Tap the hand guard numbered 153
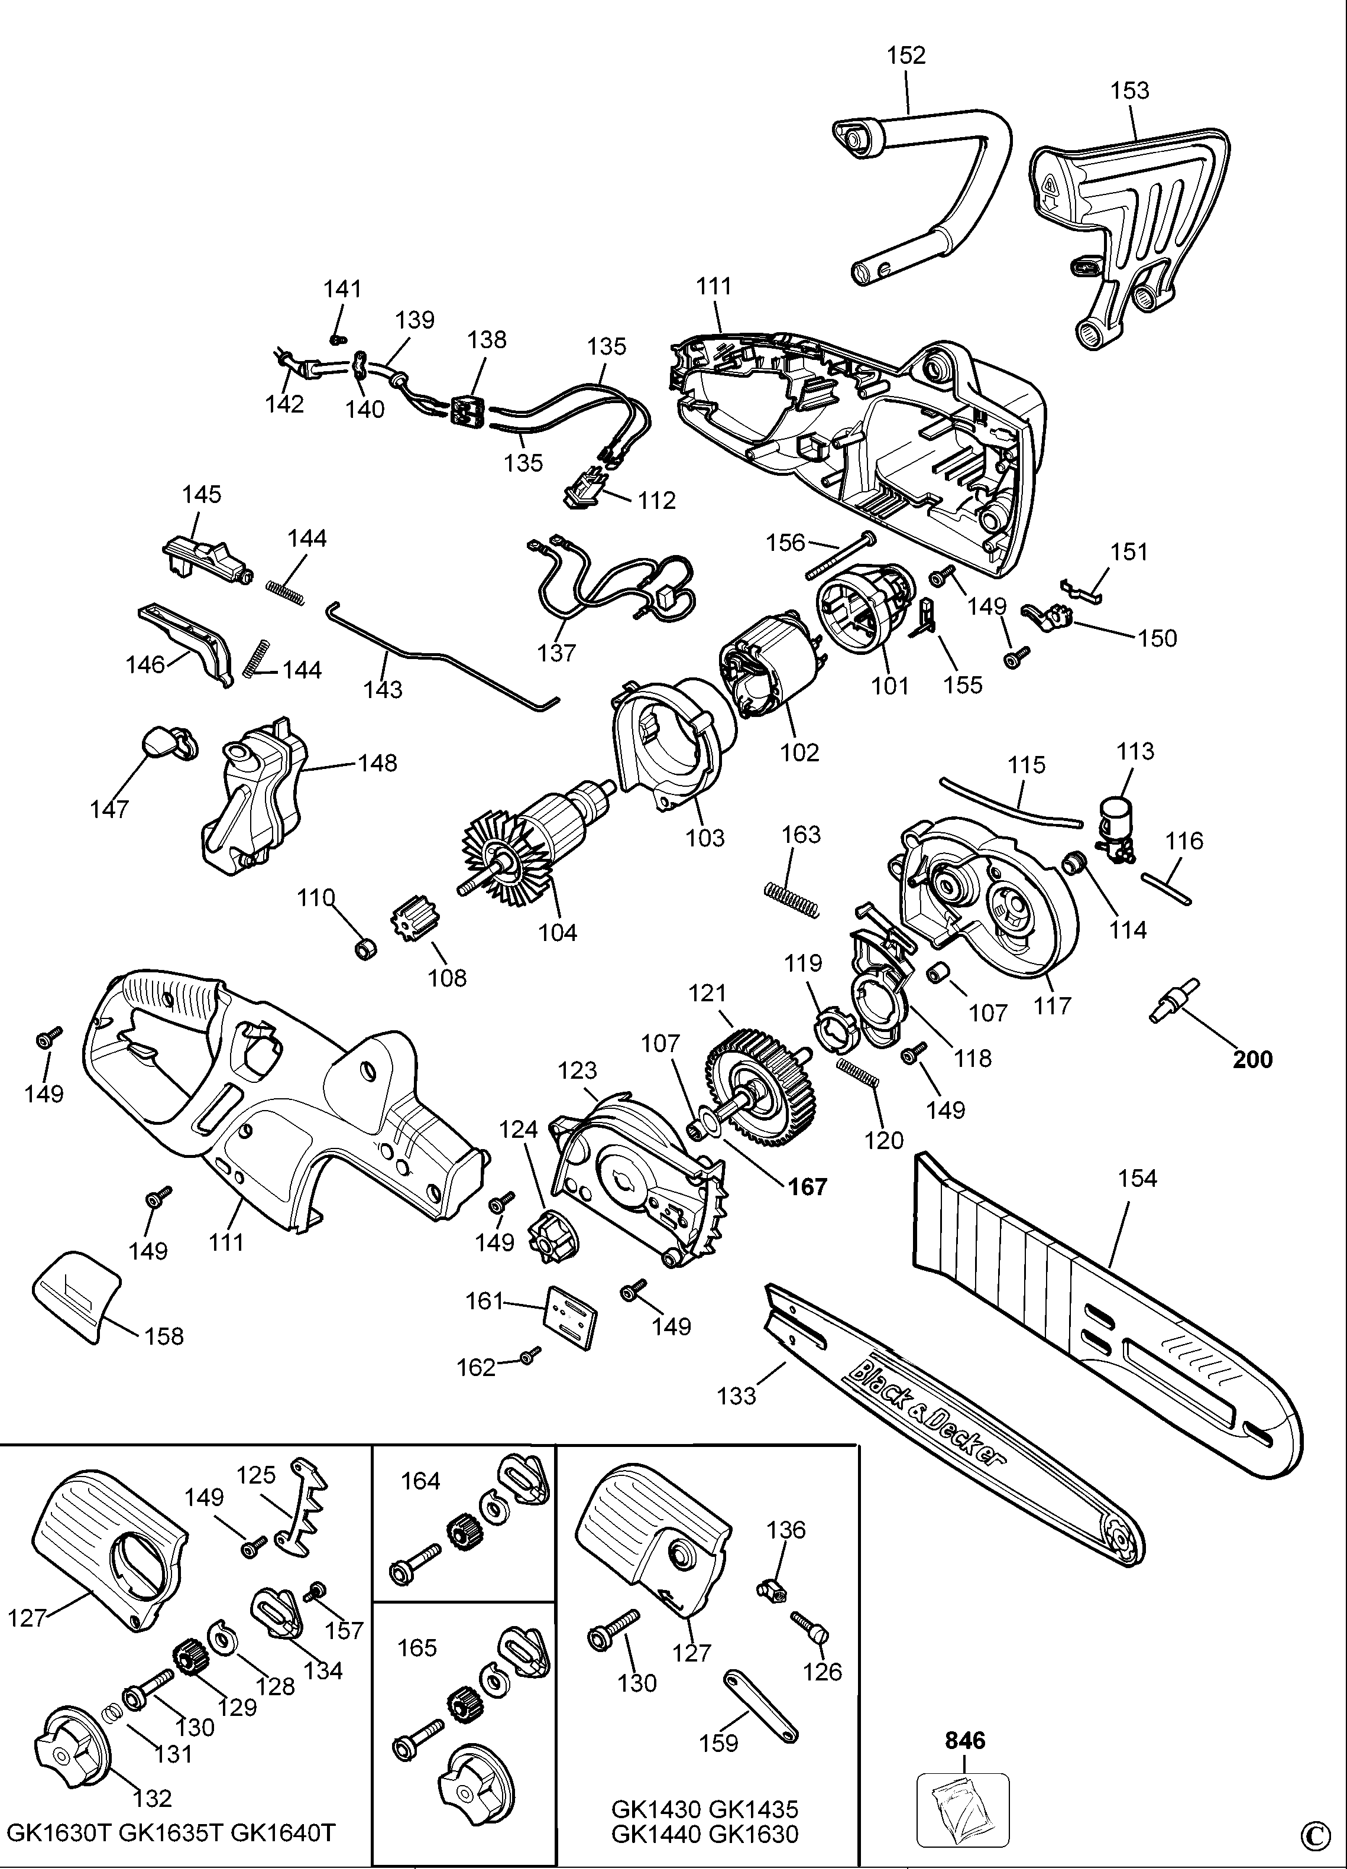[x=1129, y=222]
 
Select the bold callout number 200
[x=1252, y=1059]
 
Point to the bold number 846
[x=964, y=1741]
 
